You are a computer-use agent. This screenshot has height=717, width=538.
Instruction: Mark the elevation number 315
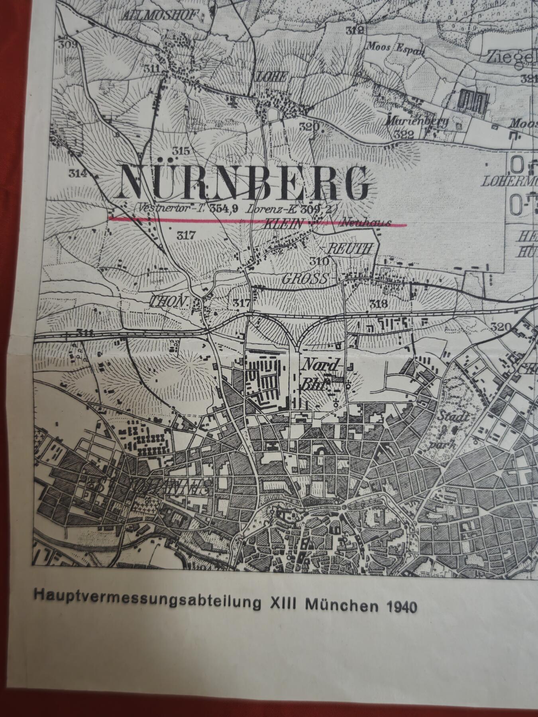pyautogui.click(x=180, y=151)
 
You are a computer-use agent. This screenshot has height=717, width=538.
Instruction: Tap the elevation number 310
pyautogui.click(x=320, y=261)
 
